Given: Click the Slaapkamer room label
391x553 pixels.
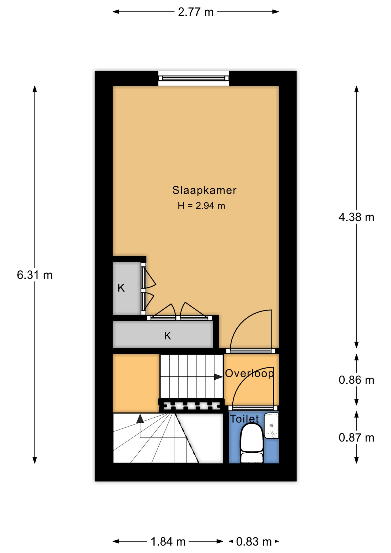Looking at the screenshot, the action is point(204,190).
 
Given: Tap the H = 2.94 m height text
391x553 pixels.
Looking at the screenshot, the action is point(201,206).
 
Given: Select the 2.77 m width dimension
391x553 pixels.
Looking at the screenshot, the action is point(196,12).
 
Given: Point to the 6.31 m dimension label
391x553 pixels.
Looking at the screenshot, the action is point(35,275).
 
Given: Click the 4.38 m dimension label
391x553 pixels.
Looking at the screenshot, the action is point(356,217).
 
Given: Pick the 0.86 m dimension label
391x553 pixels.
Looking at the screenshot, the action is point(356,380).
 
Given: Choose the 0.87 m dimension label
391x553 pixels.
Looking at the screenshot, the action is point(356,438).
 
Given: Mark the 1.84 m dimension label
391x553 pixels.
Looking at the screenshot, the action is point(168,542).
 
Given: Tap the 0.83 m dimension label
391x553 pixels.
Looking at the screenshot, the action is point(254,542).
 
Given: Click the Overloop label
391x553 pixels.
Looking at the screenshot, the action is point(249,373).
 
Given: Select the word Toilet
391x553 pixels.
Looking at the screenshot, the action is point(244,419).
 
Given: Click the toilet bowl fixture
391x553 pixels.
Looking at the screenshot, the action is point(252,443).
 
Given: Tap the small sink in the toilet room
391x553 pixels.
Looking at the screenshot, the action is point(271,426).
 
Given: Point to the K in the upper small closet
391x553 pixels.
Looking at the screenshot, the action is point(121,288).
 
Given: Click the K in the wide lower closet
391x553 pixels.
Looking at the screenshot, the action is point(168,336).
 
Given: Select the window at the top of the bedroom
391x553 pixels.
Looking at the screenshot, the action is point(193,78).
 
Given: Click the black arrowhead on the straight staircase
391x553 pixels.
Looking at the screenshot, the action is point(218,377).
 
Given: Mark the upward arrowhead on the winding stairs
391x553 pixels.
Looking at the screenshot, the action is point(140,418).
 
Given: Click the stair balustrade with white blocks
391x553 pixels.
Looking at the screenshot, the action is point(191,406).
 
